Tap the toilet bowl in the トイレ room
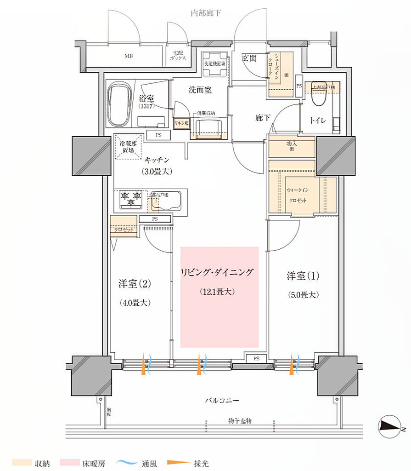[318, 98]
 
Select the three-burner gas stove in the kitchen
[130, 199]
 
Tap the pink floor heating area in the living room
[219, 297]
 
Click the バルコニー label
[222, 401]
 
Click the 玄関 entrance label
[249, 58]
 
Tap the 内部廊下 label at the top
[206, 13]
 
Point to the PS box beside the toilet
[299, 86]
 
